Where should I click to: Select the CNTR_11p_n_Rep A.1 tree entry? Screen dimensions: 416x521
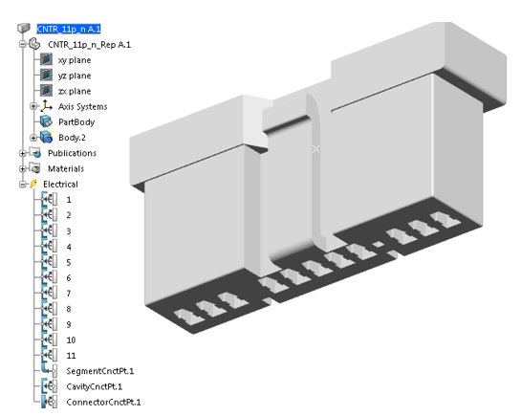(x=89, y=45)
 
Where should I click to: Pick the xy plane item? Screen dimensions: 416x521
(x=75, y=60)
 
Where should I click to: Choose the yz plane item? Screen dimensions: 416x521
(x=75, y=76)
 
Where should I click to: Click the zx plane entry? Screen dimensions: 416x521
(x=75, y=91)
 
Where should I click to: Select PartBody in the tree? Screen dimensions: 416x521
(x=77, y=121)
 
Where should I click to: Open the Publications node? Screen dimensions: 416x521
(x=72, y=153)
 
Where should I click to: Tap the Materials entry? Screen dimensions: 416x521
(x=65, y=168)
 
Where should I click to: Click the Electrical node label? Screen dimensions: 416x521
(x=61, y=184)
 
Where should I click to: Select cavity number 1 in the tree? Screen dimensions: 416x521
(x=69, y=200)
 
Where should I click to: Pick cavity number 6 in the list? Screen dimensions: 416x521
(x=69, y=277)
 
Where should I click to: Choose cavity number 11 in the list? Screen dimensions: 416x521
(x=71, y=355)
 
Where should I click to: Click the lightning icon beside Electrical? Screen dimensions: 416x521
(x=34, y=184)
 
